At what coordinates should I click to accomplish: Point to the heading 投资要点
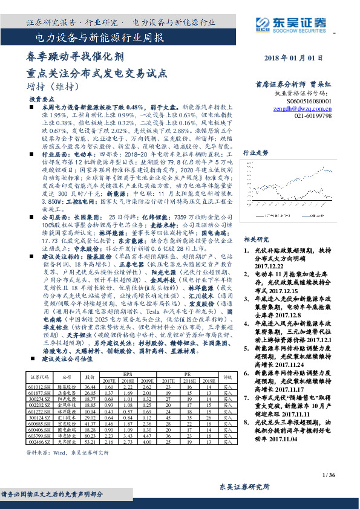coord(42,98)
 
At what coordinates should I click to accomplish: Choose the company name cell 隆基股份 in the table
coord(68,386)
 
